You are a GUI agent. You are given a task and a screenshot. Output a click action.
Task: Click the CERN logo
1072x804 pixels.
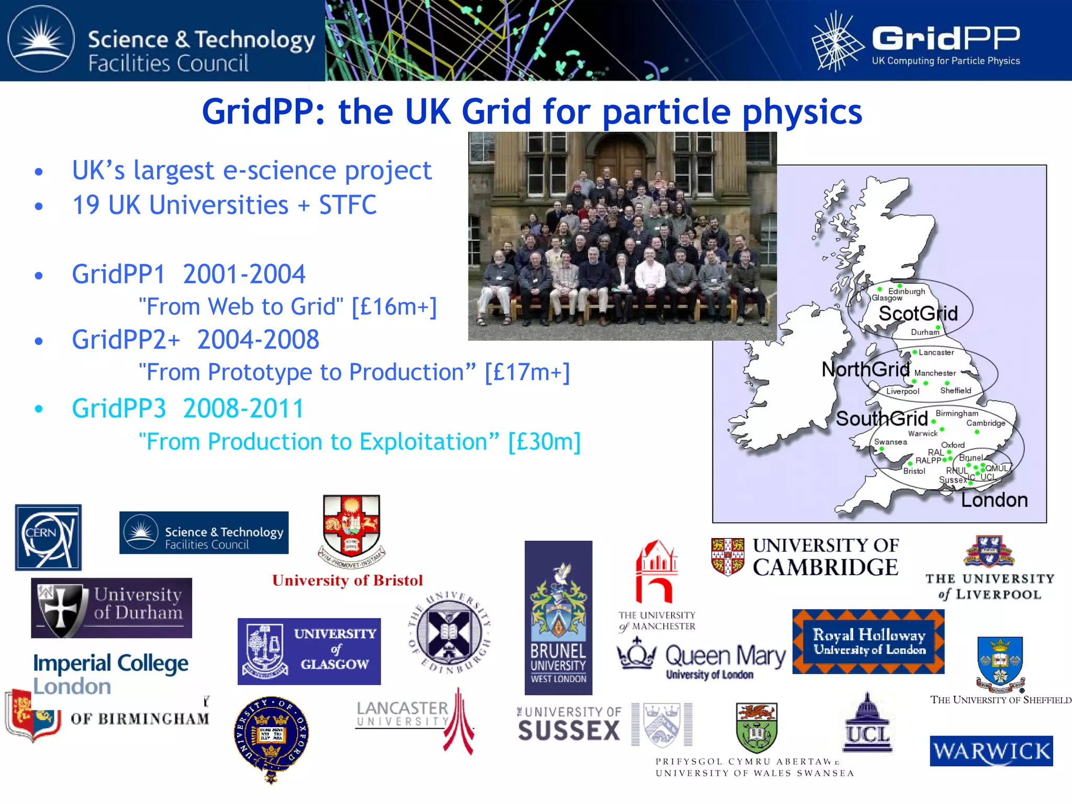[48, 537]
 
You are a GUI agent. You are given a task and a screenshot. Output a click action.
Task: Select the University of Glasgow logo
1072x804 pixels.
[309, 651]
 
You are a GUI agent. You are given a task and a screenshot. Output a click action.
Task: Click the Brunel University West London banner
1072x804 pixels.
[559, 618]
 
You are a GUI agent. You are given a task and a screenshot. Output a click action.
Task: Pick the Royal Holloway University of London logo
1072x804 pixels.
[868, 642]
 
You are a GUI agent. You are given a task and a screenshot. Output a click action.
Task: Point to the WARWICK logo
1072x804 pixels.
[991, 751]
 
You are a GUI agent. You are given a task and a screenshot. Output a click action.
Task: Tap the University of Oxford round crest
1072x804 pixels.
[271, 735]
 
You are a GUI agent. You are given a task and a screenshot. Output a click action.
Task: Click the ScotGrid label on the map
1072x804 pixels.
[918, 314]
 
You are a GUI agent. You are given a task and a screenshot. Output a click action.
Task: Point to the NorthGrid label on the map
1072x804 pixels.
[865, 370]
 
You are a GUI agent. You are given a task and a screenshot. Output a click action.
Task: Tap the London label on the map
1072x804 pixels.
[994, 500]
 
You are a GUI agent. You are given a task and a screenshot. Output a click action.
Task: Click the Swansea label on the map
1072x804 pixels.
[890, 442]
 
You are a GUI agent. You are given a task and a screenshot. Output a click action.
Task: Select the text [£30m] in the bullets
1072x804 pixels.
[544, 442]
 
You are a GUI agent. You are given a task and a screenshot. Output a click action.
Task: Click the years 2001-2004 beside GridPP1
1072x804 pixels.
[244, 274]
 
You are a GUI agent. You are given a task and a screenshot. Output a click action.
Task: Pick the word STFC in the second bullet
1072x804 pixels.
[348, 205]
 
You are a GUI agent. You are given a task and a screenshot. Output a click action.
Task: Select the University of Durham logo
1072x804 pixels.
[111, 608]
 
